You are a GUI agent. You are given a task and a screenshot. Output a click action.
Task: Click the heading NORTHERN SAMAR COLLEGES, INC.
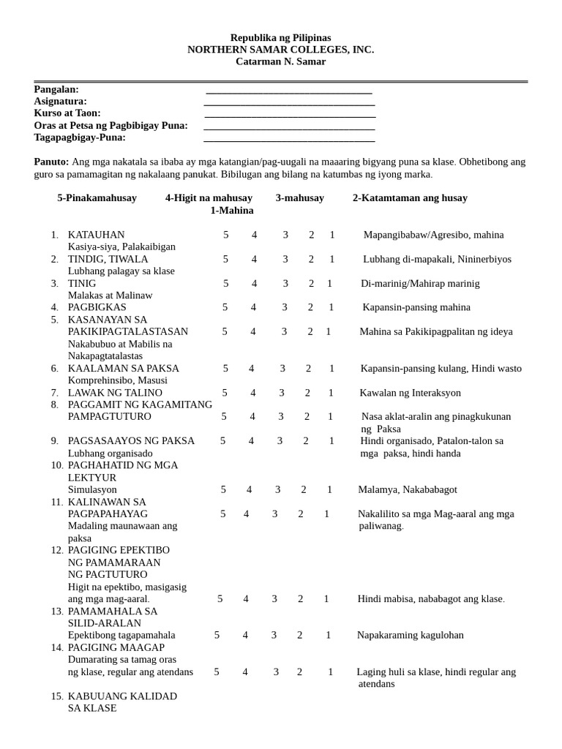[x=280, y=50]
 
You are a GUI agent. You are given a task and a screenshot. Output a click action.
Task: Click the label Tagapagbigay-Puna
[x=80, y=137]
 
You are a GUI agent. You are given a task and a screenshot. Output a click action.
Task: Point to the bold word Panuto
[x=51, y=162]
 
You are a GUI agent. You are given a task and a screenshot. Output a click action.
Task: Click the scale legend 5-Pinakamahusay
[x=97, y=197]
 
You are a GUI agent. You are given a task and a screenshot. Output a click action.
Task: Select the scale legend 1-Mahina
[x=232, y=210]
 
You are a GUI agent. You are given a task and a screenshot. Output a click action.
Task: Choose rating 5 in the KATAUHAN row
[x=226, y=235]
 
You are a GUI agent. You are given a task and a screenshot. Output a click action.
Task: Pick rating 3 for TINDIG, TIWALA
[x=285, y=259]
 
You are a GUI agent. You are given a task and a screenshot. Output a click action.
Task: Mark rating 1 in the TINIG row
[x=329, y=283]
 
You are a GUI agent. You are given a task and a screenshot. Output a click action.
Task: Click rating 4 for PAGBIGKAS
[x=254, y=307]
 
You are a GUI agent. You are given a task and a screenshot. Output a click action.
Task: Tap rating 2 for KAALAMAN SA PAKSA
[x=308, y=368]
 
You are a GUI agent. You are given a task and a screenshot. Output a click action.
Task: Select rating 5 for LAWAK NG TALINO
[x=225, y=393]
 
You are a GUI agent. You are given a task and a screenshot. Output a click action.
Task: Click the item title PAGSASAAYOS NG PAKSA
[x=131, y=440]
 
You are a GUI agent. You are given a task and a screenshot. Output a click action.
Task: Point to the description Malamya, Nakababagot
[x=407, y=489]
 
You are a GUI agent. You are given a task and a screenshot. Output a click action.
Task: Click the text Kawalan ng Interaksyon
[x=410, y=393]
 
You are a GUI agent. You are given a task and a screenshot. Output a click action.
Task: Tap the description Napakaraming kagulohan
[x=410, y=635]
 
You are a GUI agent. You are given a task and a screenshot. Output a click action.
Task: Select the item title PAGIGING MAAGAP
[x=116, y=647]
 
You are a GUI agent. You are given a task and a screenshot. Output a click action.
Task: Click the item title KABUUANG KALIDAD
[x=122, y=696]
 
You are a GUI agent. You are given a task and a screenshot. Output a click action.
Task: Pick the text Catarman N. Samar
[x=280, y=61]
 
